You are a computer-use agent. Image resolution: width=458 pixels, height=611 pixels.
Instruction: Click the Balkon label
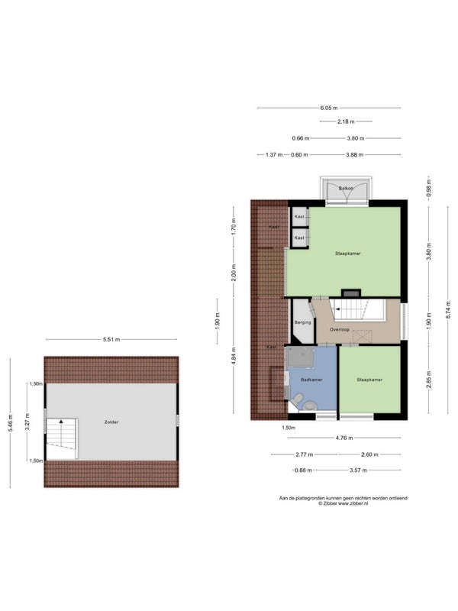pos(346,189)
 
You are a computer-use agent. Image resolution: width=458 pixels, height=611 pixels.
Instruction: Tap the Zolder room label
pos(111,422)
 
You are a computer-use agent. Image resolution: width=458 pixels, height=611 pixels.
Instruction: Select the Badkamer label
pos(311,380)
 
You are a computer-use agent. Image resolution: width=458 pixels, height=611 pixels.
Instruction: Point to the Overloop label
pos(340,330)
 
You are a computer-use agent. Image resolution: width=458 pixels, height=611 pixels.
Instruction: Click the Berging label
pos(302,322)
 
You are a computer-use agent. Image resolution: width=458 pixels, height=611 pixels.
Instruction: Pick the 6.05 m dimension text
pos(329,108)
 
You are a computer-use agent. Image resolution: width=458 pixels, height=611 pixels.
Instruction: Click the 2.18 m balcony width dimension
pos(346,121)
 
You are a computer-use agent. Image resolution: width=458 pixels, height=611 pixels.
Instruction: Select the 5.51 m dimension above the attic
pos(111,339)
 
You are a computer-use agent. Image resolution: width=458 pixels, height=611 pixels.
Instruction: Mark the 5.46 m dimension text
pos(11,422)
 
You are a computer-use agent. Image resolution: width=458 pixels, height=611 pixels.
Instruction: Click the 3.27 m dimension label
pos(27,422)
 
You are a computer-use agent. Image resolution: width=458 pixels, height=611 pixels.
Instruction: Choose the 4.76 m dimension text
pos(344,438)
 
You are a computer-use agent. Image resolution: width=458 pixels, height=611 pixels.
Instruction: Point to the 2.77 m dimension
pos(304,454)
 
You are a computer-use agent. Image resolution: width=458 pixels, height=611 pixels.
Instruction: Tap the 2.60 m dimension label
pos(369,454)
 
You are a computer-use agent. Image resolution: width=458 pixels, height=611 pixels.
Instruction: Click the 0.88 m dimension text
pos(303,470)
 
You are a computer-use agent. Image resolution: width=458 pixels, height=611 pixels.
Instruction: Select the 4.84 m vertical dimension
pos(234,355)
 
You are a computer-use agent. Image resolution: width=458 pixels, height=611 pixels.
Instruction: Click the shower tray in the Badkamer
pos(300,357)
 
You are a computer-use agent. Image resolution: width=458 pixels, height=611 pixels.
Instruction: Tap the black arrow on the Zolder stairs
pos(61,422)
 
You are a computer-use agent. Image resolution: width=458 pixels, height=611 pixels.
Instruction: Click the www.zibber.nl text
pos(353,503)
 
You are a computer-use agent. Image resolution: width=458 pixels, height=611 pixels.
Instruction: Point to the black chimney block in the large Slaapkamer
pos(351,293)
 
